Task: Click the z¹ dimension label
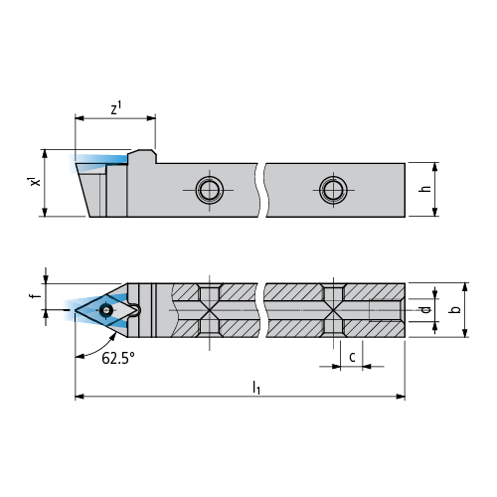pyautogui.click(x=116, y=108)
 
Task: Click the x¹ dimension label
pyautogui.click(x=35, y=182)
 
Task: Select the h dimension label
pyautogui.click(x=425, y=189)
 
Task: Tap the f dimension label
pyautogui.click(x=37, y=295)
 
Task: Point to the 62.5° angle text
pyautogui.click(x=118, y=358)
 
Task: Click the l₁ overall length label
pyautogui.click(x=256, y=388)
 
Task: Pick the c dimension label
pyautogui.click(x=352, y=357)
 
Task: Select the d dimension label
pyautogui.click(x=425, y=309)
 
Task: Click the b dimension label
pyautogui.click(x=456, y=309)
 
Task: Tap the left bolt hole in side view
pyautogui.click(x=210, y=190)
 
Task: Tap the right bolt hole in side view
pyautogui.click(x=333, y=190)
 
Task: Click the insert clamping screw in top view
pyautogui.click(x=106, y=310)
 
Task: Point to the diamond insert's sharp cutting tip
pyautogui.click(x=76, y=310)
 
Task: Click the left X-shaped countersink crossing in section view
pyautogui.click(x=210, y=310)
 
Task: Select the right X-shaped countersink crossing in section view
pyautogui.click(x=333, y=310)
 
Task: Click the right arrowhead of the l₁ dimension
pyautogui.click(x=401, y=397)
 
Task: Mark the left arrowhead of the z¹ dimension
pyautogui.click(x=80, y=118)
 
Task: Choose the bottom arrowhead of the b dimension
pyautogui.click(x=465, y=333)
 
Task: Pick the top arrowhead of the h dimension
pyautogui.click(x=435, y=167)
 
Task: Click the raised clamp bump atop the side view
pyautogui.click(x=142, y=156)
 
